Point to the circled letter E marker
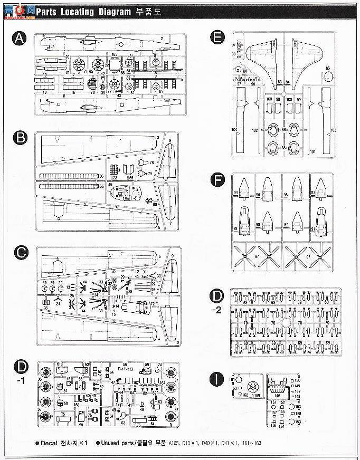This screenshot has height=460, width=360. tap(215, 37)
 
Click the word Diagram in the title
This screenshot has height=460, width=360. tap(104, 11)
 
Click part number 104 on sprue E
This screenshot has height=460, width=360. tap(234, 130)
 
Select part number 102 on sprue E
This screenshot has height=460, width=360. tap(255, 130)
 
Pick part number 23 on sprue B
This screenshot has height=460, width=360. tap(115, 177)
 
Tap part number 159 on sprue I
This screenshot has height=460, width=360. tap(257, 395)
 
